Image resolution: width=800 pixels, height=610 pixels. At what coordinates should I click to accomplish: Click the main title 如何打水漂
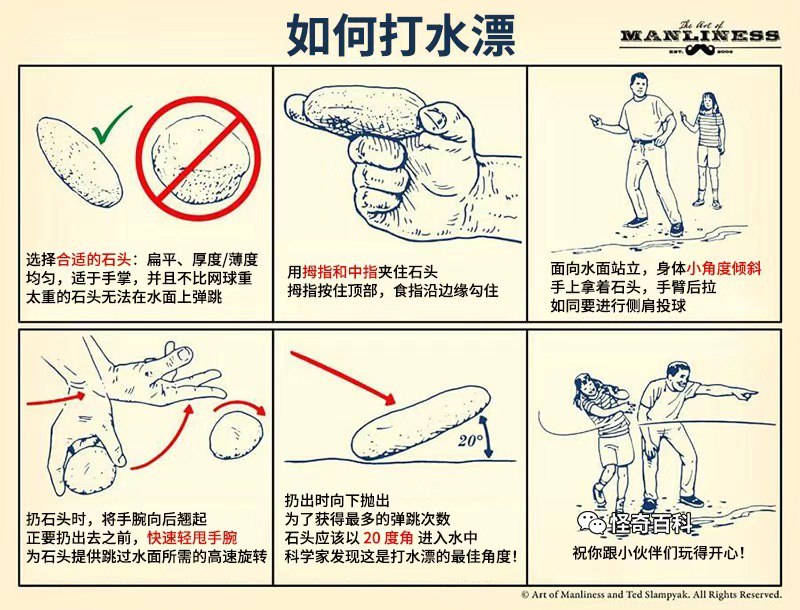(401, 35)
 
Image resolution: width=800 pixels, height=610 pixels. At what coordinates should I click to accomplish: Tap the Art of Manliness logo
(700, 37)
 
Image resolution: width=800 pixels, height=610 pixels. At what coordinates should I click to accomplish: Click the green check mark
(110, 124)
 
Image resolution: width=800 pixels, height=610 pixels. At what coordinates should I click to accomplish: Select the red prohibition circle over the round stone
(198, 158)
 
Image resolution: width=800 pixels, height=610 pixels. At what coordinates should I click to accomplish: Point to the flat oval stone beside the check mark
(80, 162)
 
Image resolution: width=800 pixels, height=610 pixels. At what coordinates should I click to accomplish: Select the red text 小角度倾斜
(724, 268)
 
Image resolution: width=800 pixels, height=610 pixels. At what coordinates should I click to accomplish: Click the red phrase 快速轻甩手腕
(192, 538)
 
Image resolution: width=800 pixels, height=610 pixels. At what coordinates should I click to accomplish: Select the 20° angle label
(470, 440)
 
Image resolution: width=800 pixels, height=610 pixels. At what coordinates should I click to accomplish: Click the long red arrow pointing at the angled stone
(342, 377)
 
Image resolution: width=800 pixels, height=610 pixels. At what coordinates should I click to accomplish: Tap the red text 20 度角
(388, 538)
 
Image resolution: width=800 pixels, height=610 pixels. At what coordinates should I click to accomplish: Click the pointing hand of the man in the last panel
(745, 394)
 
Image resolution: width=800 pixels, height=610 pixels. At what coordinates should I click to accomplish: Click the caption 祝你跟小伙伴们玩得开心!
(658, 553)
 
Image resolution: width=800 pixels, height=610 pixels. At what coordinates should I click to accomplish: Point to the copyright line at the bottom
(652, 595)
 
